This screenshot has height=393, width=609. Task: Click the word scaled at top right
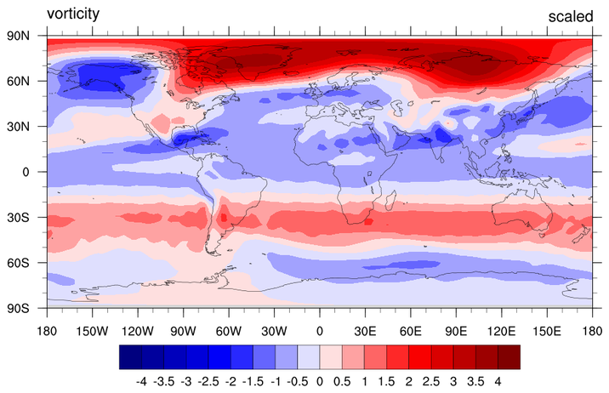coord(570,17)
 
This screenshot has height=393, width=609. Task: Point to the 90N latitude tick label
coord(20,37)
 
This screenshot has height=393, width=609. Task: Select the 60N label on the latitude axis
coord(20,82)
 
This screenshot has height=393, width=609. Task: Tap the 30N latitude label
coord(20,127)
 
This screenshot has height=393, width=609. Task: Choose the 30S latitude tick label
coord(20,217)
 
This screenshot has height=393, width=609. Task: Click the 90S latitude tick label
coord(20,307)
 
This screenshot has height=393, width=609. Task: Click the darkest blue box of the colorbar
coord(130,356)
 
